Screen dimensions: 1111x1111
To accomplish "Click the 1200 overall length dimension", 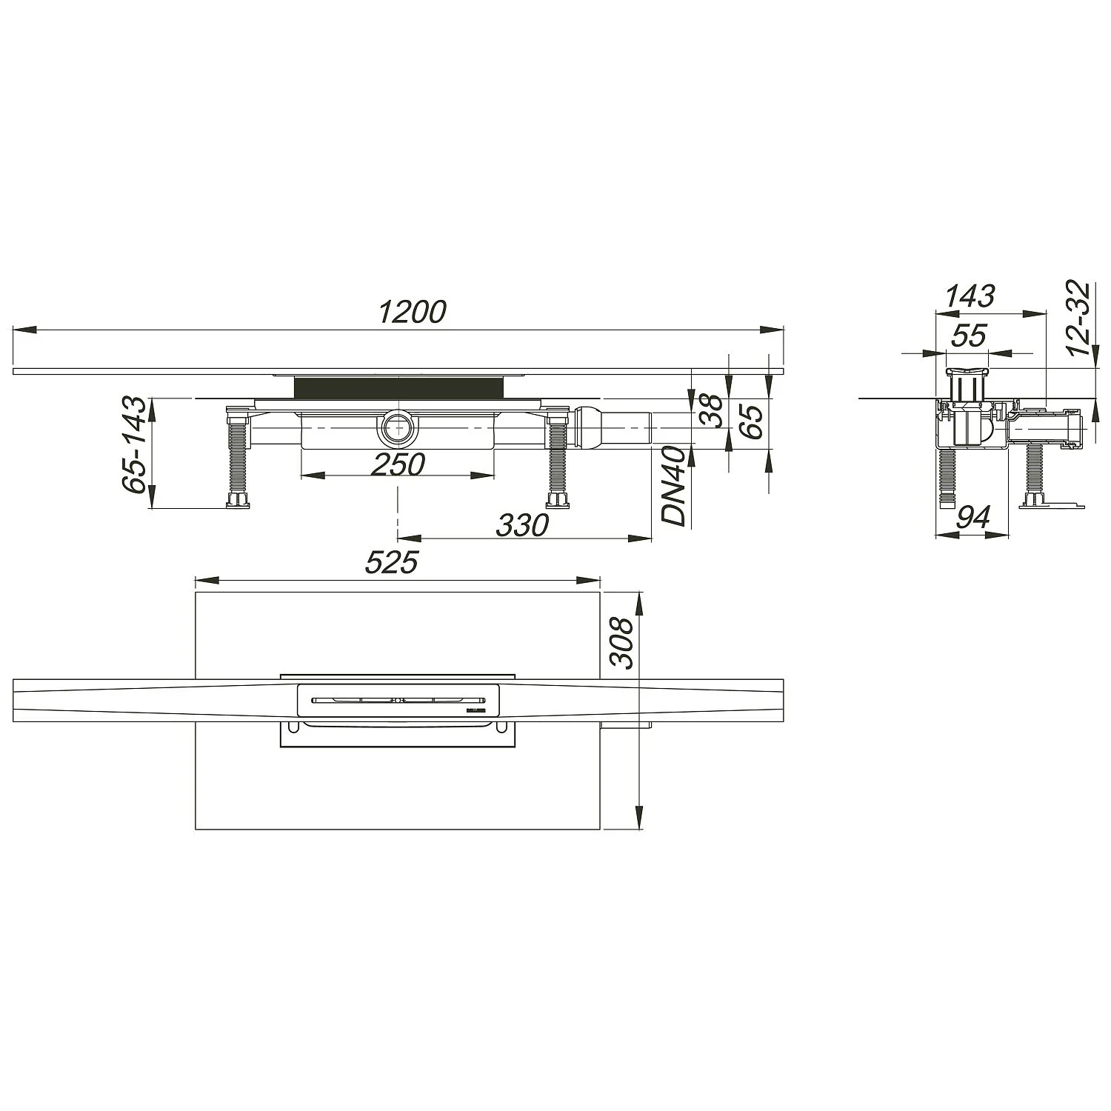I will (x=413, y=313).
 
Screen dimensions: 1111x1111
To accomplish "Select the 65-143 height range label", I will (x=134, y=445).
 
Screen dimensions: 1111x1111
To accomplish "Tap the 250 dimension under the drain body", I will (x=398, y=464).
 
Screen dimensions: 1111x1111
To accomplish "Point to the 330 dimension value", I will (x=522, y=524).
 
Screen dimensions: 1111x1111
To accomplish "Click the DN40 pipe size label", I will (x=674, y=486).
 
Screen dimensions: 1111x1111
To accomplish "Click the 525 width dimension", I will (x=391, y=564).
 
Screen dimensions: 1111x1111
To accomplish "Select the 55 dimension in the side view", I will (x=968, y=336).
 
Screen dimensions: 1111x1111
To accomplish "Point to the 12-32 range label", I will (x=1082, y=318).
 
